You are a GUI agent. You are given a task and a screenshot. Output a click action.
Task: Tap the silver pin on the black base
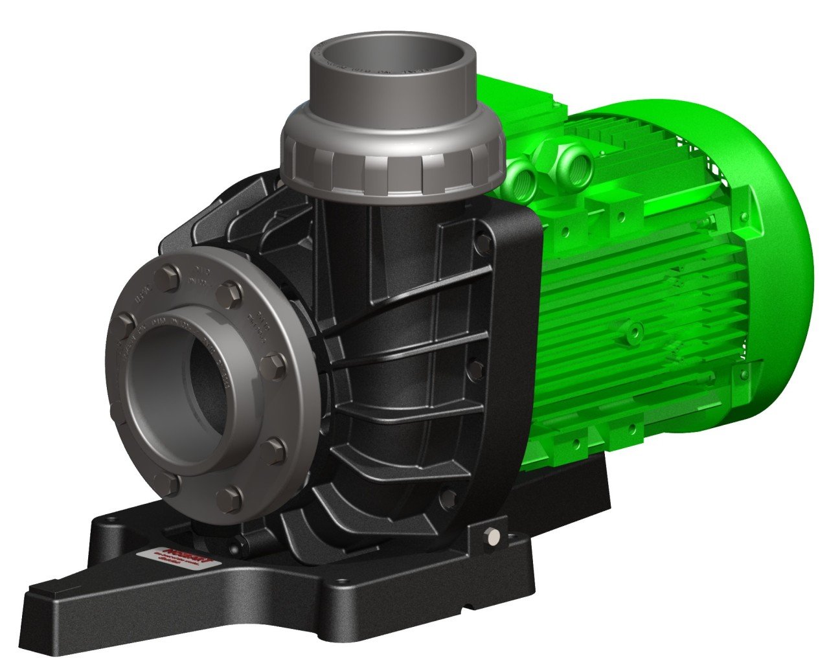pos(494,535)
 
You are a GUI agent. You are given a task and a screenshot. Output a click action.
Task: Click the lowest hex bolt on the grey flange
pos(229,498)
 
